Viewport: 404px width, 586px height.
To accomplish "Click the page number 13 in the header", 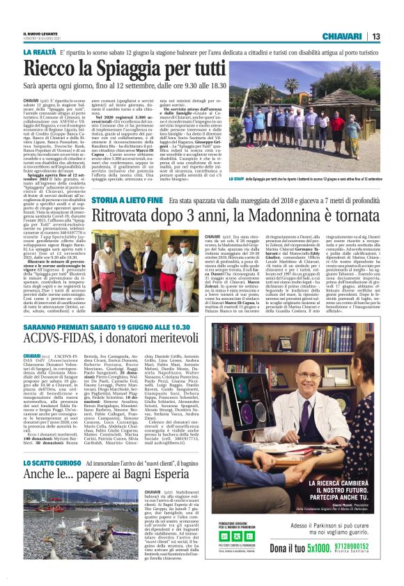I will tap(375, 36).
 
